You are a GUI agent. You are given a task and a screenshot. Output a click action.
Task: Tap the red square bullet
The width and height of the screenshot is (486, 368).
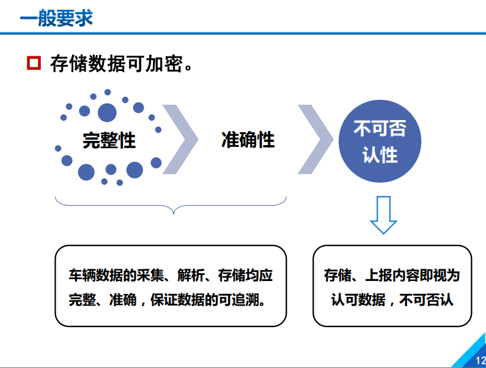(x=34, y=63)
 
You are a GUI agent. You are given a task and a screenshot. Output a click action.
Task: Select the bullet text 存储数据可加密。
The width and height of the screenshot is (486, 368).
(x=122, y=64)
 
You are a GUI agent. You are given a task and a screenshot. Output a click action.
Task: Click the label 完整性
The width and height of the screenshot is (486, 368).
(x=109, y=140)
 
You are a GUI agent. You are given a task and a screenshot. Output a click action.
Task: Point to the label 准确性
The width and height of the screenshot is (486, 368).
(x=248, y=140)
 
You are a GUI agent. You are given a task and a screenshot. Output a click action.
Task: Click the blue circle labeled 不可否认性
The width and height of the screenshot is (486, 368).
(x=380, y=141)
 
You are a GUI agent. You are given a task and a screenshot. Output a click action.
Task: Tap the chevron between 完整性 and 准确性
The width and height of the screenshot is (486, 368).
(x=182, y=140)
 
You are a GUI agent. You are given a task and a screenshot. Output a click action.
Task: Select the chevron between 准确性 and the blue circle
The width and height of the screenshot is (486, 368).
(x=316, y=140)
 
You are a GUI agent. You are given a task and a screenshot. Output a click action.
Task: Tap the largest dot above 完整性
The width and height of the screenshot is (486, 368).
(x=107, y=112)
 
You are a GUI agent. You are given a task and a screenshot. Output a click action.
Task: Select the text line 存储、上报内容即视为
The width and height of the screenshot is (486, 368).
(x=392, y=275)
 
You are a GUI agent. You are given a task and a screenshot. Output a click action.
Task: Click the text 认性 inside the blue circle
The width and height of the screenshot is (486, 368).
(x=380, y=155)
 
